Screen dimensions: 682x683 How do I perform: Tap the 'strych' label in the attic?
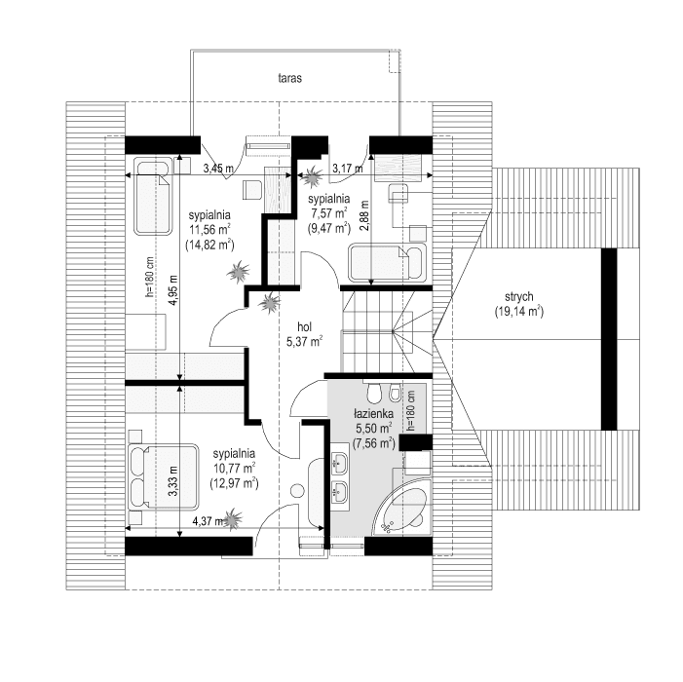[x=517, y=297]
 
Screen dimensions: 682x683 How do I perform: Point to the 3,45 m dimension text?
[x=217, y=169]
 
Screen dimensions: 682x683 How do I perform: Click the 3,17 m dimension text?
[x=346, y=169]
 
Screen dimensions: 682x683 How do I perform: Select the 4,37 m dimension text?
[x=207, y=521]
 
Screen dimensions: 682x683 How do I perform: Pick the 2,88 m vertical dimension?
[x=363, y=211]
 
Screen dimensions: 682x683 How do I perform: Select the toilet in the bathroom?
[x=373, y=393]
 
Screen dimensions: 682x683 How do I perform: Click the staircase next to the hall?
[x=387, y=330]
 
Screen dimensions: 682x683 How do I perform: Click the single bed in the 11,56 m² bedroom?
[x=151, y=197]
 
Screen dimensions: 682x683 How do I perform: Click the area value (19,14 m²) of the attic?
[x=517, y=313]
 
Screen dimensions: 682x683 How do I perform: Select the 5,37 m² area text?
[x=304, y=342]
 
